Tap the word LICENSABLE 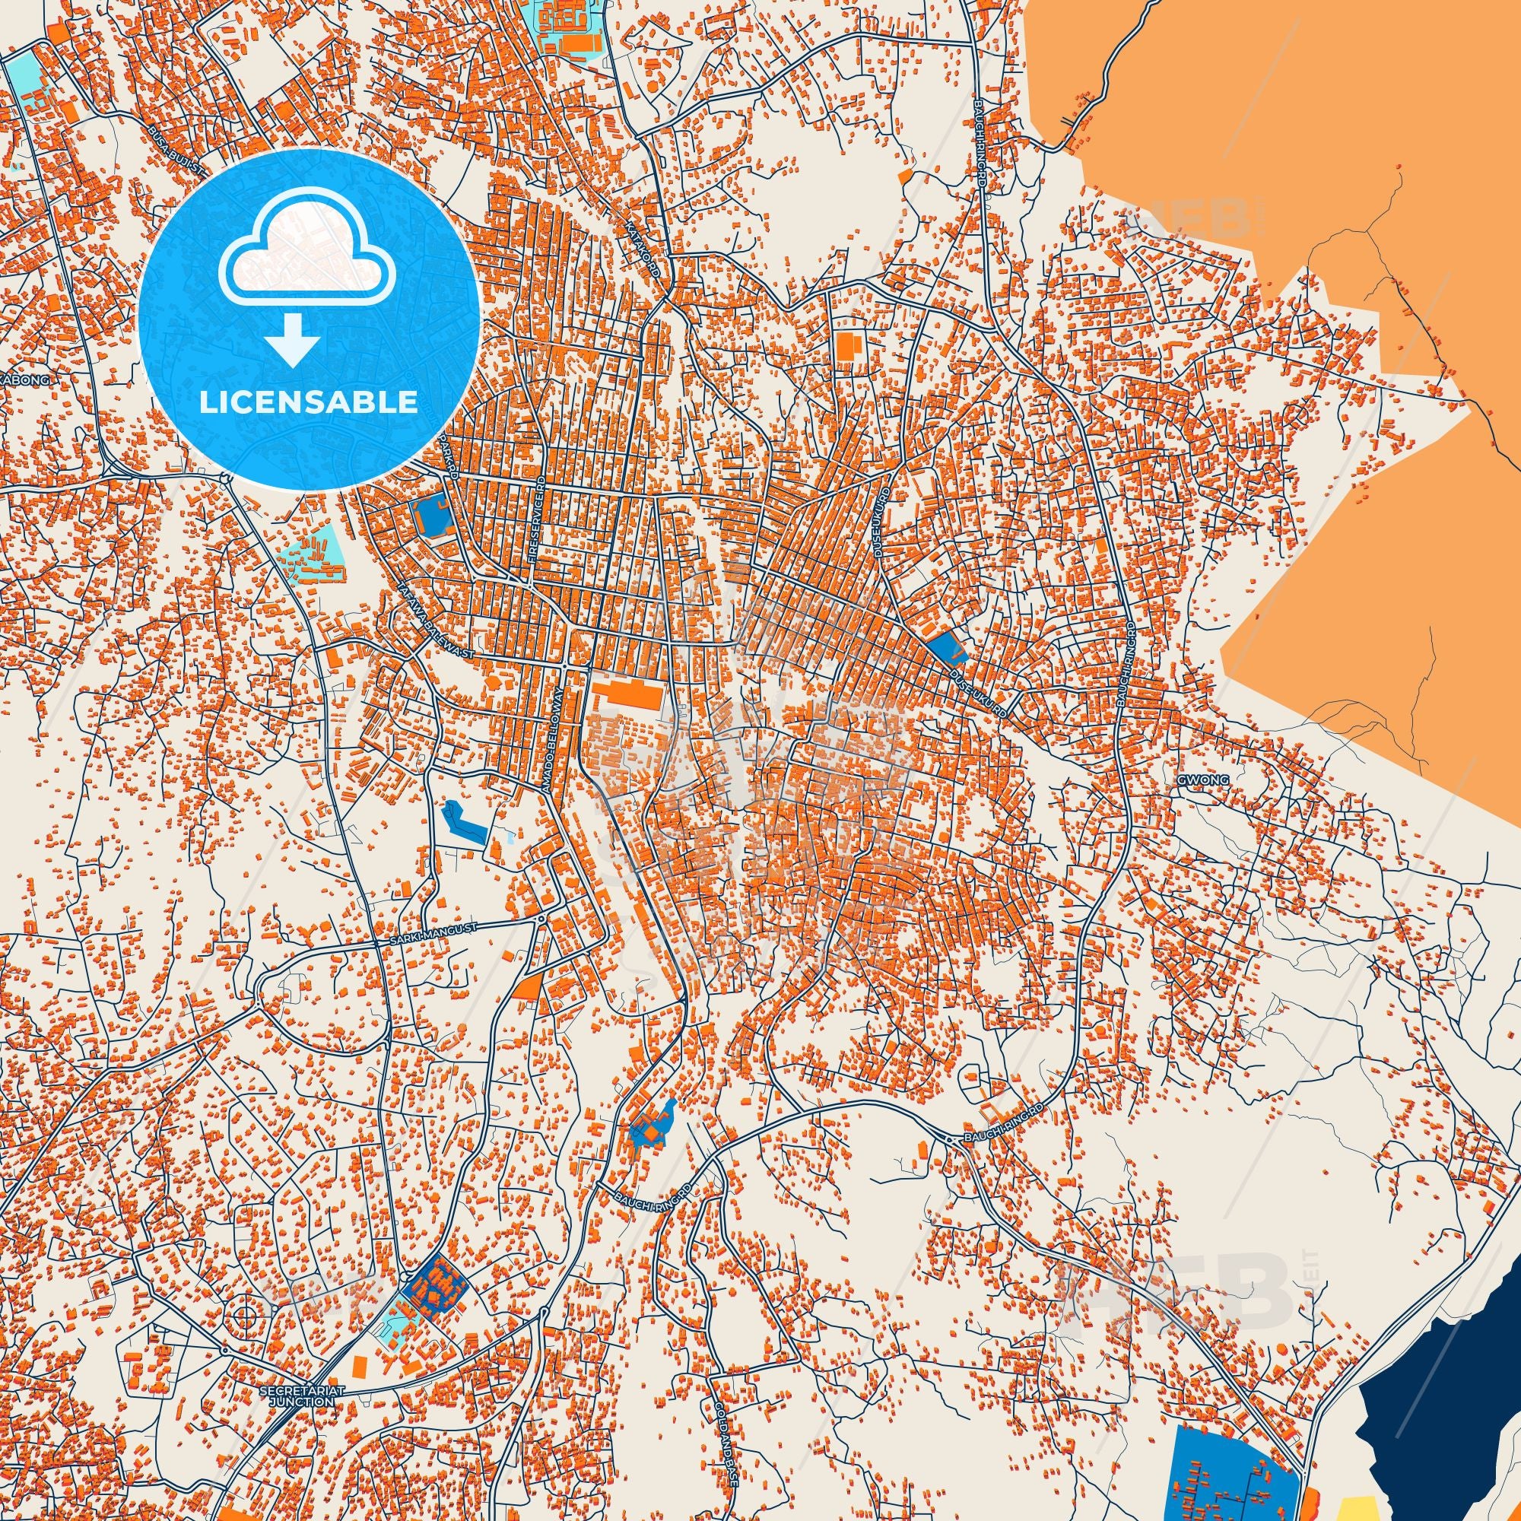click(309, 402)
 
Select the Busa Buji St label click(177, 154)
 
